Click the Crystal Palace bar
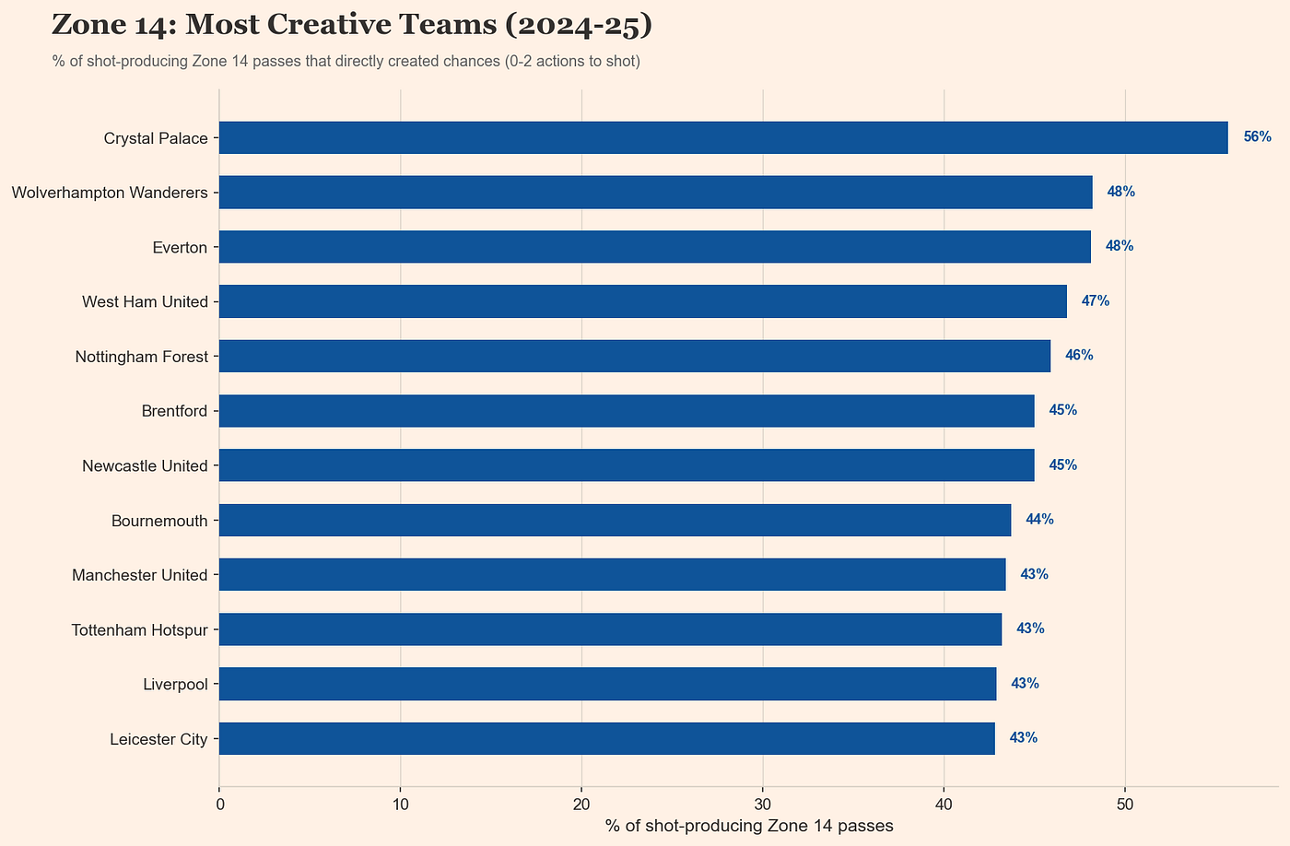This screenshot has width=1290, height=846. click(x=723, y=137)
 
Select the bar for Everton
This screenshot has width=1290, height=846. click(x=654, y=247)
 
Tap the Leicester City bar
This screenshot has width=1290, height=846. click(x=606, y=738)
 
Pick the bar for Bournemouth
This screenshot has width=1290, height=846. click(x=615, y=520)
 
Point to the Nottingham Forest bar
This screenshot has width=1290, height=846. click(x=634, y=356)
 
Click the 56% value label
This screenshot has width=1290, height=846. click(x=1257, y=137)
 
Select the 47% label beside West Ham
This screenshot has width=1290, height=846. click(x=1095, y=301)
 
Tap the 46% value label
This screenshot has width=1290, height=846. click(x=1079, y=356)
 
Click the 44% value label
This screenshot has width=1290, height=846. click(x=1039, y=520)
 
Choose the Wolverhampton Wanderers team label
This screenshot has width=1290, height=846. click(x=110, y=193)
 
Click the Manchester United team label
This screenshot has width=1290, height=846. click(x=140, y=575)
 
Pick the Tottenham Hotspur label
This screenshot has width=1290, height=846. click(x=140, y=629)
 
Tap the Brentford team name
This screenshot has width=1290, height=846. click(x=174, y=410)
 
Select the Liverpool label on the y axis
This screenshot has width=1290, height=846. click(x=175, y=684)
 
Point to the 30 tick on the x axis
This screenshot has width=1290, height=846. click(x=762, y=805)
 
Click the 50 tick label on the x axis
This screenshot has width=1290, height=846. click(x=1124, y=805)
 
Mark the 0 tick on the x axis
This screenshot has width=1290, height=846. click(x=219, y=805)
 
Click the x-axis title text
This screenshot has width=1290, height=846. click(x=749, y=826)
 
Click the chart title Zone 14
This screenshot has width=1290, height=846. click(x=352, y=25)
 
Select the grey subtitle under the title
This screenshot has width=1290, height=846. click(x=346, y=62)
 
